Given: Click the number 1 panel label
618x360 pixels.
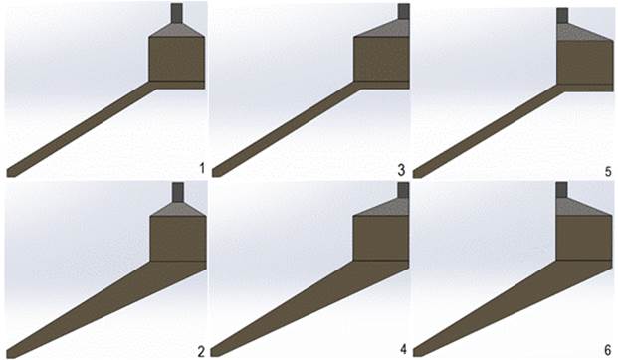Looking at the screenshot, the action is (x=203, y=169).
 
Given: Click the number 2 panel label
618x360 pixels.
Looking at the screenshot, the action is (x=201, y=352).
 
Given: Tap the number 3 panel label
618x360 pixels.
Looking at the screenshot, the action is (x=401, y=170).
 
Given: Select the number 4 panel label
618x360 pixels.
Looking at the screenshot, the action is (x=403, y=349).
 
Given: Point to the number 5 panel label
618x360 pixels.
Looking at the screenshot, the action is (x=608, y=172).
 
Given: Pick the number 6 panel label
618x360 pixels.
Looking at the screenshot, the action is (x=608, y=350).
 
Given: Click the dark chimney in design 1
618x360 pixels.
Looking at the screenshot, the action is (x=177, y=13).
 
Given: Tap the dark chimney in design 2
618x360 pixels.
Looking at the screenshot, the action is (x=178, y=192).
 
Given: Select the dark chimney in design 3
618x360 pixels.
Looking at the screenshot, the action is (x=404, y=11).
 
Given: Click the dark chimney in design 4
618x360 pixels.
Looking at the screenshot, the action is (x=403, y=190).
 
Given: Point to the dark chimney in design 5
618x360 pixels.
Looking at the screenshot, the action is (x=562, y=15).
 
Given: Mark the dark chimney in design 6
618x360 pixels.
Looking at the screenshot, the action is (x=561, y=190).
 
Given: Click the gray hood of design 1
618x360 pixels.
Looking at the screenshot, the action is (x=177, y=30).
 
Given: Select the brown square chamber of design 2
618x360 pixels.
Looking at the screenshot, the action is (x=178, y=239).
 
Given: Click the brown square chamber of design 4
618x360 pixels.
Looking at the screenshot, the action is (x=381, y=238).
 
